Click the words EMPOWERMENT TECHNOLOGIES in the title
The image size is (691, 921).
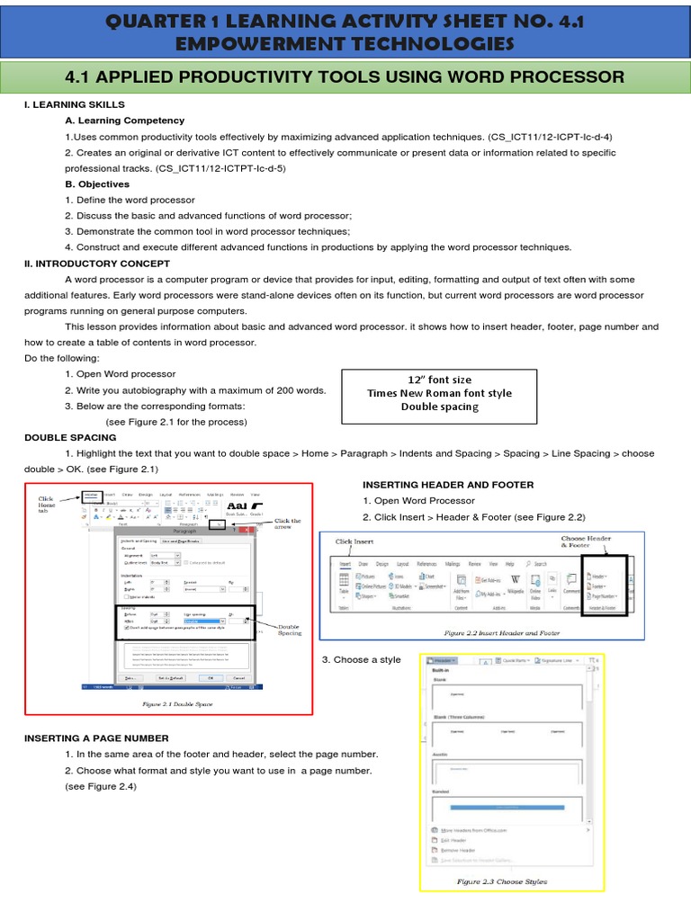point(345,44)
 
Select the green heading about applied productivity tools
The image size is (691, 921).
point(345,76)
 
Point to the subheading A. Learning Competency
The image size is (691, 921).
point(124,121)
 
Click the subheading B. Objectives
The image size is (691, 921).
point(99,183)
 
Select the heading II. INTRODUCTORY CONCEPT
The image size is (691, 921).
point(96,264)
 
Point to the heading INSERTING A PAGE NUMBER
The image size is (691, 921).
point(96,738)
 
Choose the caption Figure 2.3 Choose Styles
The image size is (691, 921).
point(501,881)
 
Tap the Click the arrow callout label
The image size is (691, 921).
point(287,524)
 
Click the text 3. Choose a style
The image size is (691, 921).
point(361,659)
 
